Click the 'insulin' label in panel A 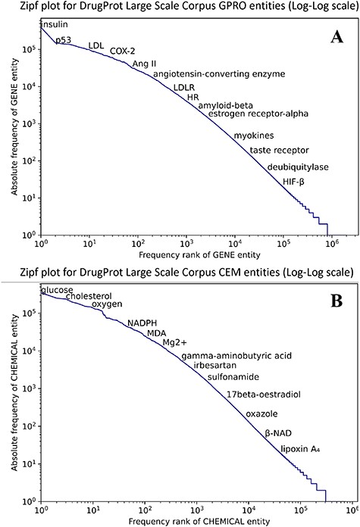coord(58,25)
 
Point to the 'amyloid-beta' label coord(225,105)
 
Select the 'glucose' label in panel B coord(58,291)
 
